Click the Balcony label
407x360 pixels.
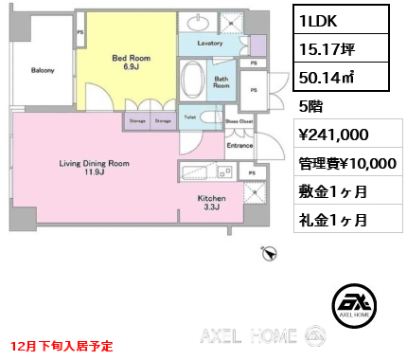(42, 71)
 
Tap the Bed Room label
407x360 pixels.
(126, 63)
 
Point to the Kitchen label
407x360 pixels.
(211, 204)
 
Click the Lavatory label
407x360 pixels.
(210, 44)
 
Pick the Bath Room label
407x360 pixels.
(221, 81)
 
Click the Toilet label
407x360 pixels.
(189, 119)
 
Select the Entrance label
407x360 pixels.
(239, 145)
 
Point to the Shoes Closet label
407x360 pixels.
(239, 122)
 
